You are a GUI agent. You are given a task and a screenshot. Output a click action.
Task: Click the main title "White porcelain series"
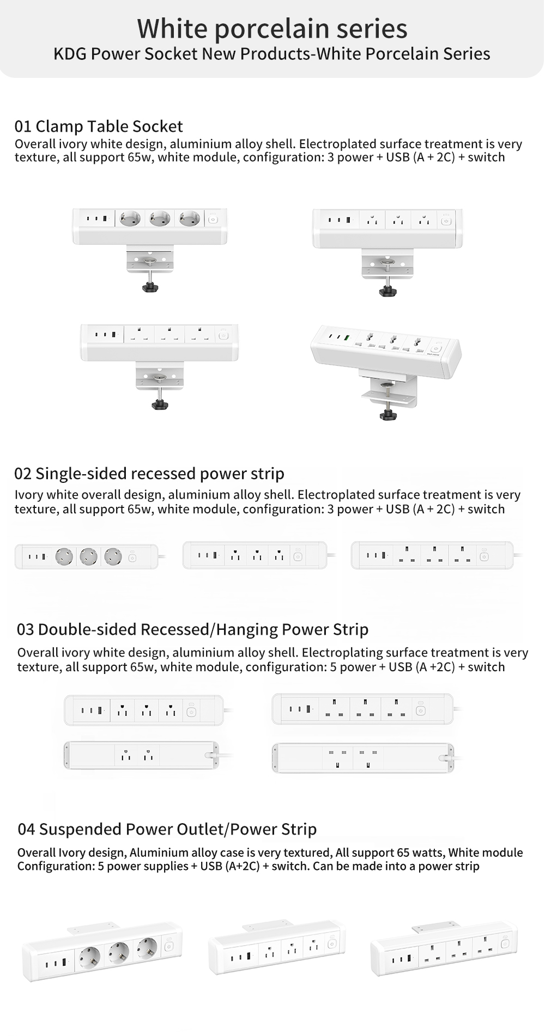[272, 28]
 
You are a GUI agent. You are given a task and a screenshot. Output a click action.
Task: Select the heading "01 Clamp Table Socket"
[99, 126]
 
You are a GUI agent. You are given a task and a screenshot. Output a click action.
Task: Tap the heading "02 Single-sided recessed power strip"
[149, 474]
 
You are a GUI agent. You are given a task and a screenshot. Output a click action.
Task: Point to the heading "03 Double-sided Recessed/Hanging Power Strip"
[192, 629]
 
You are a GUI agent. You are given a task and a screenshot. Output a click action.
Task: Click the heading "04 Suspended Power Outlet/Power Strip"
[167, 829]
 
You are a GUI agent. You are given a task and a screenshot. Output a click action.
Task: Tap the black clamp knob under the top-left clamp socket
[150, 287]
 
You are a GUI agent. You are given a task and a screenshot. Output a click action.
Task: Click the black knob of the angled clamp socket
[387, 415]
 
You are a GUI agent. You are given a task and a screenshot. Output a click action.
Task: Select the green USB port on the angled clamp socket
[347, 338]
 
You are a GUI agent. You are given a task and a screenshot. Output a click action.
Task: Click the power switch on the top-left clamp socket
[213, 219]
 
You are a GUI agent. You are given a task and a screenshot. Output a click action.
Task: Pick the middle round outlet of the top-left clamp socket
[160, 219]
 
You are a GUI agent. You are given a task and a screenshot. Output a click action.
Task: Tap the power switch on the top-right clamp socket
[446, 220]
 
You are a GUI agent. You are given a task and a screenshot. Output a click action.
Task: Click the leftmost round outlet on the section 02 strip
[64, 556]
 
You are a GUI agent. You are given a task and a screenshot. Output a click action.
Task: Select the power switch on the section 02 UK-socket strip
[484, 556]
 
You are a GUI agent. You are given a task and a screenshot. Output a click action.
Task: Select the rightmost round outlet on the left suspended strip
[146, 948]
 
